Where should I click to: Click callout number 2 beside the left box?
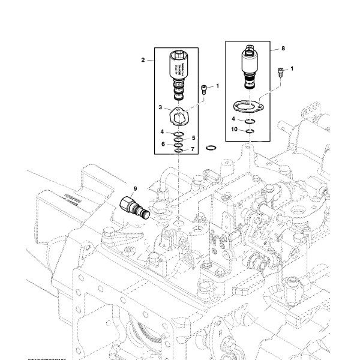[143, 61]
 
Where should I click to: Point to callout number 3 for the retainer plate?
[161, 107]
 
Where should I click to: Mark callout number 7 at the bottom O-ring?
[193, 149]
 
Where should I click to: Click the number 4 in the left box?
[162, 131]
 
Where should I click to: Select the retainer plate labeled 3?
[179, 113]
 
